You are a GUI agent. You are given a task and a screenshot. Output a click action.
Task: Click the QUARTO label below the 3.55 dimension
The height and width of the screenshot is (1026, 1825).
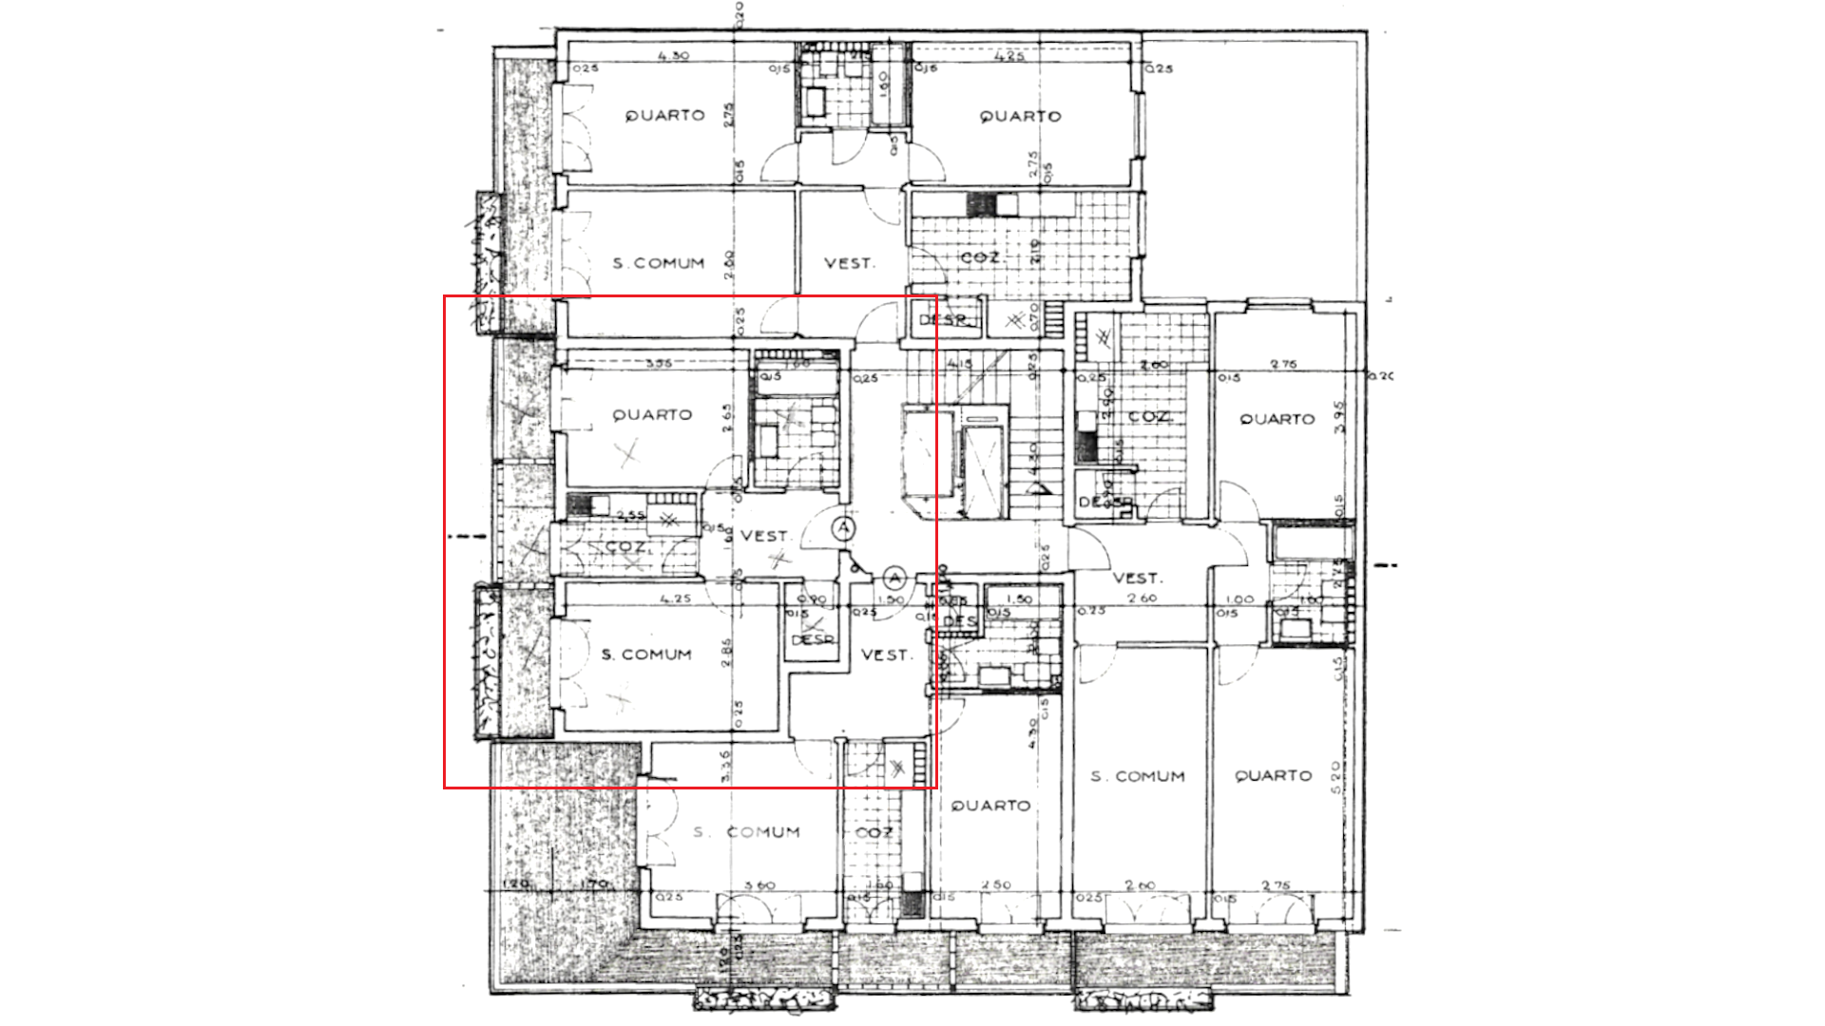click(652, 415)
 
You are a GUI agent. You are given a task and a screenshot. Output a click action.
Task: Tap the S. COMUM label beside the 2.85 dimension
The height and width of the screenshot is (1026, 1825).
click(646, 655)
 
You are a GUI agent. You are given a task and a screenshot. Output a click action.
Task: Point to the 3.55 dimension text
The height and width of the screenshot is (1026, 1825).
click(658, 363)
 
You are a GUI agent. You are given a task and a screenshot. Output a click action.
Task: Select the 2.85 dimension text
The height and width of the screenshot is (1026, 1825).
click(727, 653)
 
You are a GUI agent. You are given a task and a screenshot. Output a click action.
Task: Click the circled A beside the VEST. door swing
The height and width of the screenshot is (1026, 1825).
click(843, 527)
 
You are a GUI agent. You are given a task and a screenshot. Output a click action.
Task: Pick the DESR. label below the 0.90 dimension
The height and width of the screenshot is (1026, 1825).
click(813, 640)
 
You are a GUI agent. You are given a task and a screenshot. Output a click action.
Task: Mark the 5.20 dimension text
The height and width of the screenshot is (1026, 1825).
click(1336, 777)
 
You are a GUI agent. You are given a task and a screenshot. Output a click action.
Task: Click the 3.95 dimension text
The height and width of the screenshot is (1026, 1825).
click(1340, 416)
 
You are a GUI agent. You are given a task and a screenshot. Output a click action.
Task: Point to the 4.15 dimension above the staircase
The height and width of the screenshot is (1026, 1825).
click(960, 364)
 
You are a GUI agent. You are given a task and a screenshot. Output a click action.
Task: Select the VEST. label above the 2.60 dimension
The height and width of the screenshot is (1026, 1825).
click(1137, 578)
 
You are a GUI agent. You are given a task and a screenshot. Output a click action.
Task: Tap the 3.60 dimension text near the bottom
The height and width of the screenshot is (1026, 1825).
click(759, 885)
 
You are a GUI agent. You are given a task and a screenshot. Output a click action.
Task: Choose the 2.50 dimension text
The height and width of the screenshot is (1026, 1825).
click(996, 884)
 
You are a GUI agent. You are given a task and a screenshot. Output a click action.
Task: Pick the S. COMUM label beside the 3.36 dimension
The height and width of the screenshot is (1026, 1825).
click(746, 832)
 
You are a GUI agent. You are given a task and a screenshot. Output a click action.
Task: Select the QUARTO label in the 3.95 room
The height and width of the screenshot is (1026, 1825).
click(1277, 419)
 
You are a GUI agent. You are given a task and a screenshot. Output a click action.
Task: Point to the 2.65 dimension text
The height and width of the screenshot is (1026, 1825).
click(727, 418)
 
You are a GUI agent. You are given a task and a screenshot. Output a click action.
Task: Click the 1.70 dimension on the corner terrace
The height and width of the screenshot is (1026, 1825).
click(594, 884)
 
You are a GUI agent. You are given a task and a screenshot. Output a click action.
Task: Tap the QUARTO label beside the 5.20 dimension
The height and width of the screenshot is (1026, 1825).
click(1273, 776)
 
